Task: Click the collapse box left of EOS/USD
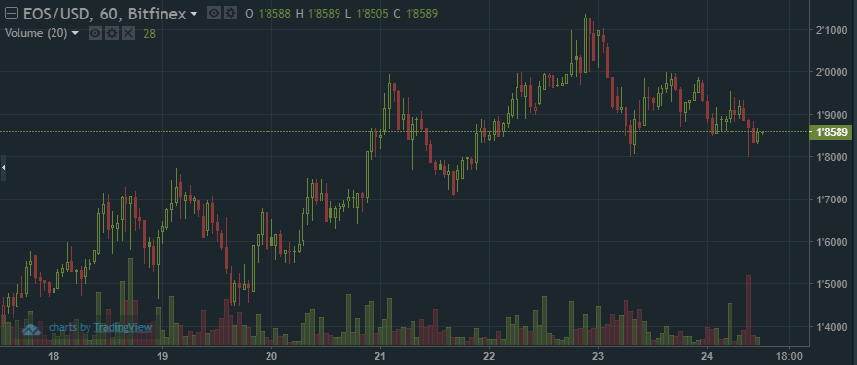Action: click(x=11, y=14)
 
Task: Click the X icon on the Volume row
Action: click(x=127, y=33)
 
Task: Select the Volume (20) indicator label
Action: click(x=36, y=33)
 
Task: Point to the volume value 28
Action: click(x=150, y=33)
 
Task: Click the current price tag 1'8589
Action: click(x=832, y=132)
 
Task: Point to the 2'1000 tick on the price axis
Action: click(x=830, y=30)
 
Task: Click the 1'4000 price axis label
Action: click(x=830, y=326)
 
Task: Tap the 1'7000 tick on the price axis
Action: click(x=830, y=200)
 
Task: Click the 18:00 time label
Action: click(x=790, y=356)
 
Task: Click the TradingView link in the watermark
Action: click(x=128, y=328)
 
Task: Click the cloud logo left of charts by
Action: click(x=32, y=329)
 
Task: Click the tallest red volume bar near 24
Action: click(x=749, y=307)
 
